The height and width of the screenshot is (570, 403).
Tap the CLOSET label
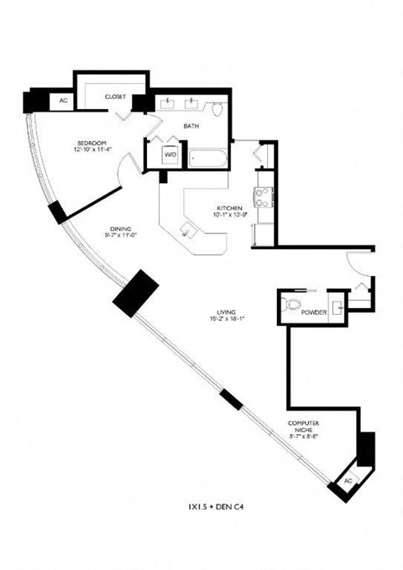click(115, 97)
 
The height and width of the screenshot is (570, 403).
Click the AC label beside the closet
click(62, 101)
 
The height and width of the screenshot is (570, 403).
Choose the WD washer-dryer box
click(170, 154)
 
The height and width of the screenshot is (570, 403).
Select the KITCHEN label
click(230, 207)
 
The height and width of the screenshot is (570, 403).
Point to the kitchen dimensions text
click(230, 215)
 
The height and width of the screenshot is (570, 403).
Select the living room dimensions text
click(222, 318)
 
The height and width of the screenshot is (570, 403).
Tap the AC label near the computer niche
click(348, 481)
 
